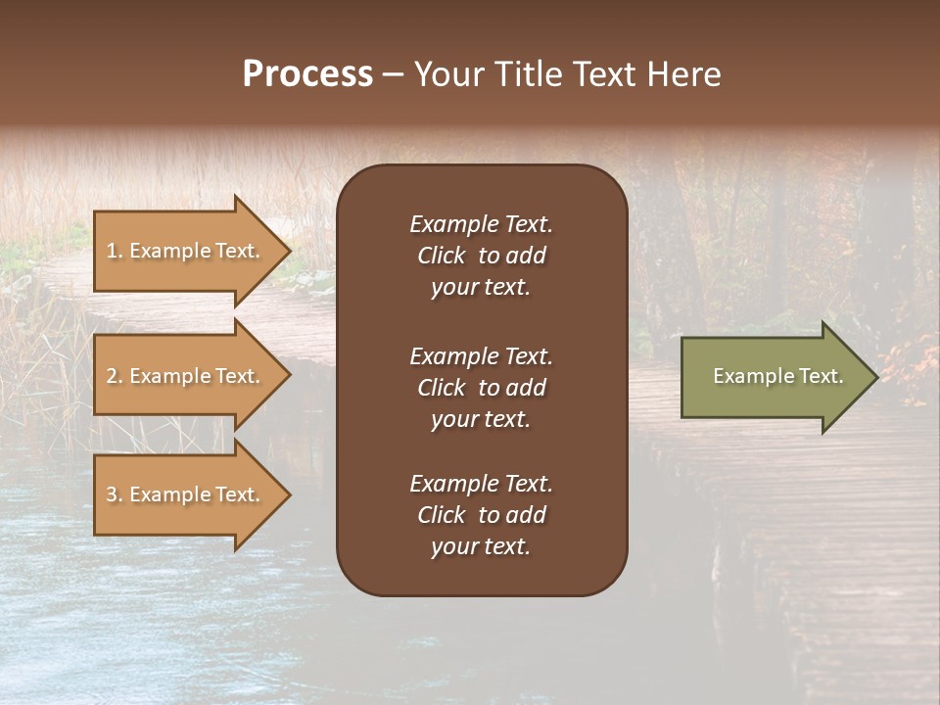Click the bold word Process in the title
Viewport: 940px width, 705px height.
point(307,74)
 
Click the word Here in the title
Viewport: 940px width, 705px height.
point(683,74)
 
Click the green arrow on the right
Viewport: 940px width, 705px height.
point(774,376)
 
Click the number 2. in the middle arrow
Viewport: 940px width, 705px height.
point(115,376)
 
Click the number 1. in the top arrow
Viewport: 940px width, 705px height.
point(115,251)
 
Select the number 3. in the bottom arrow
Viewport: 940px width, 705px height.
point(115,494)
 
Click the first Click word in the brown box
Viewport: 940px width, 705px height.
point(441,256)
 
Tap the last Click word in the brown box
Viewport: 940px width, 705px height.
point(441,515)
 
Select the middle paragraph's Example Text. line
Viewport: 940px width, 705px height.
point(481,355)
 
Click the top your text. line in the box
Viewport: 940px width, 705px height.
point(481,288)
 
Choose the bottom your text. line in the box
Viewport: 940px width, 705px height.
point(481,547)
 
